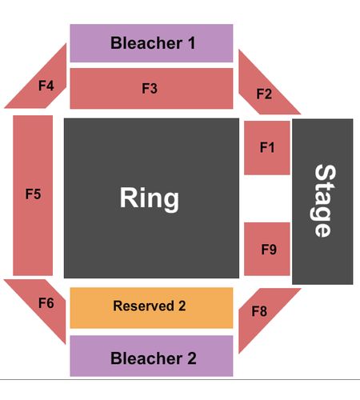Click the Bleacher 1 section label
coord(153,43)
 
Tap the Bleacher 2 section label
coord(154,358)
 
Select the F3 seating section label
coord(150,88)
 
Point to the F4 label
coord(46,86)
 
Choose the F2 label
coord(264,94)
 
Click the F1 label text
coord(267,147)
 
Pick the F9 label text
coord(269,250)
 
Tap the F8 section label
coord(259,311)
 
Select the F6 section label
coord(46,303)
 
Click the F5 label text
coord(33,194)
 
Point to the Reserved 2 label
coord(150,306)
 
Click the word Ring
coord(150,198)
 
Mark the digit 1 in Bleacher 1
coord(191,43)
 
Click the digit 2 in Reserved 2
coord(182,306)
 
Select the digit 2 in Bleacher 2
coord(192,358)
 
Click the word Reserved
coord(144,306)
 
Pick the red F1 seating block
coord(267,148)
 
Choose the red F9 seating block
coord(267,249)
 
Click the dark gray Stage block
coord(322,202)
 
